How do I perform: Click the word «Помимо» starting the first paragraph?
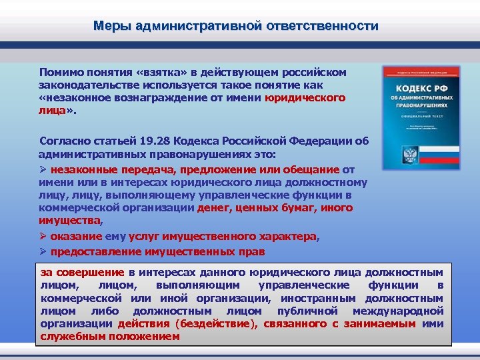61,71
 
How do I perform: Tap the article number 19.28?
158,141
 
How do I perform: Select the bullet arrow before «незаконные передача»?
42,169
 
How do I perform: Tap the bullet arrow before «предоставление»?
42,252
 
